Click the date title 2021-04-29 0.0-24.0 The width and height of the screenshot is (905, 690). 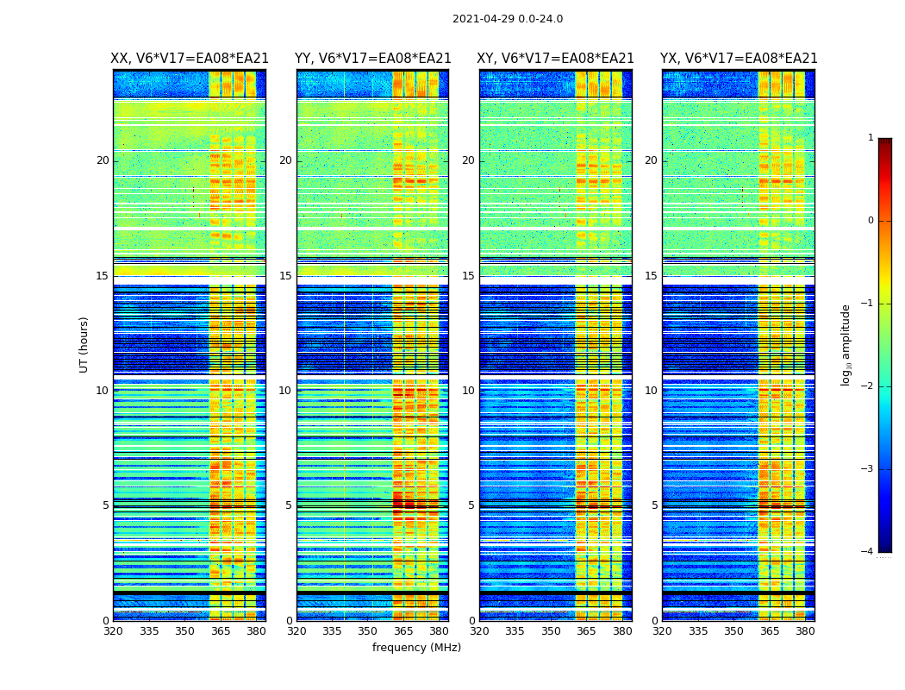508,19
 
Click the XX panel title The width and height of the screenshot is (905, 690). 190,59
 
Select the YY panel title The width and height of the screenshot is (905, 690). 373,59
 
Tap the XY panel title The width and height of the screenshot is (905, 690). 556,59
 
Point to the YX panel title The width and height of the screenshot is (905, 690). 739,59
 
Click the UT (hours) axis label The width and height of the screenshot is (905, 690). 84,344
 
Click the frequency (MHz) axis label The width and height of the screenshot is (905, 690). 416,648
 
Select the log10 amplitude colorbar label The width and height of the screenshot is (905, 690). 846,344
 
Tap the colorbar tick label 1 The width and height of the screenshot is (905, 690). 871,138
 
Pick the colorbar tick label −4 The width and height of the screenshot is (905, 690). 868,552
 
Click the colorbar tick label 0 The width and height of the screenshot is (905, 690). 871,221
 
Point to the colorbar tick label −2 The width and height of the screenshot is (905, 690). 868,386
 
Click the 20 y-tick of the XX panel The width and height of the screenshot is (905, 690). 103,160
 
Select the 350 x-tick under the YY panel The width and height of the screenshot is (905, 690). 368,631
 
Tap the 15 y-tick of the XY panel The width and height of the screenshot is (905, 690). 468,276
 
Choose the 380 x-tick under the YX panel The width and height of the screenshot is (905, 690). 805,631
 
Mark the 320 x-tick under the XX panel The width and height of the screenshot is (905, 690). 113,631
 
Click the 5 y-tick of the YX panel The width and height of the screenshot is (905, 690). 654,505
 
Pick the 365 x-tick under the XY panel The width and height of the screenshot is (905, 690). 586,631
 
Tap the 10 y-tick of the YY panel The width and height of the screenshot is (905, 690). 285,391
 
